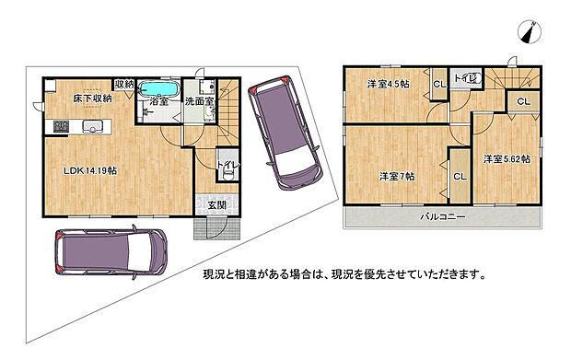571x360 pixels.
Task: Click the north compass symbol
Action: pos(530,32)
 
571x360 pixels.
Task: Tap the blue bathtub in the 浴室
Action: pos(158,88)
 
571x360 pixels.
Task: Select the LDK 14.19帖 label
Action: pos(90,170)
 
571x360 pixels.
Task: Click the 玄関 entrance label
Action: pos(217,205)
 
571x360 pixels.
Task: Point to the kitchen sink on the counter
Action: pos(92,127)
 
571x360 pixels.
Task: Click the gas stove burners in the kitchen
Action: pos(61,126)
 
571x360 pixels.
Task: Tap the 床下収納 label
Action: pos(92,99)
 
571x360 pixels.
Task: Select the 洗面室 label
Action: pos(199,101)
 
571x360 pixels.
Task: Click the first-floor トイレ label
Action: pos(228,165)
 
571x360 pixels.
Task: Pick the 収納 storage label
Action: pos(124,85)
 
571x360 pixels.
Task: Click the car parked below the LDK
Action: pos(111,251)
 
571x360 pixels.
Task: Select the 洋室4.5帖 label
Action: pos(389,84)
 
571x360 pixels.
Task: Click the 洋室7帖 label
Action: pos(397,177)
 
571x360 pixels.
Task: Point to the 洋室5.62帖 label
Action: pos(507,159)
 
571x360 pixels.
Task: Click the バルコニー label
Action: pos(443,217)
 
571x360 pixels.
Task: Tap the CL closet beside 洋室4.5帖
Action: pos(439,84)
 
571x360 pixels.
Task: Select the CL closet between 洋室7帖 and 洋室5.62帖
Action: pos(460,177)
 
